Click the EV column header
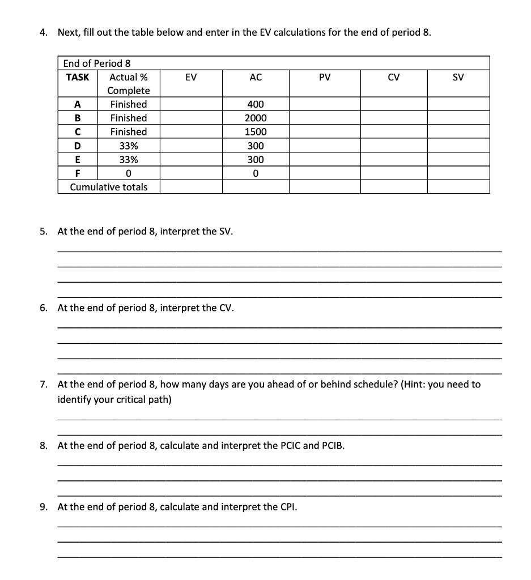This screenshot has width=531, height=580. pos(191,77)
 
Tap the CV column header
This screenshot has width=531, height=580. pos(394,77)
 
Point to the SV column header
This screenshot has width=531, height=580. pos(458,77)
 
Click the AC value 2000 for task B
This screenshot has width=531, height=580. pos(256,118)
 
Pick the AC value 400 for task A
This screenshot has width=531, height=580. pos(256,104)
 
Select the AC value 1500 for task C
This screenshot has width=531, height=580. pos(256,131)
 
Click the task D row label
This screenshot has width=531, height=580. pos(77,146)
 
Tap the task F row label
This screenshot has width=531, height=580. pos(77,173)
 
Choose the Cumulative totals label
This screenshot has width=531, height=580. pos(108,187)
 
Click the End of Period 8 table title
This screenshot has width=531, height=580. pos(97,63)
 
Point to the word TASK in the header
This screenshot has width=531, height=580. pos(78,77)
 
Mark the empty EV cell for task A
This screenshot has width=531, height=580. pos(191,104)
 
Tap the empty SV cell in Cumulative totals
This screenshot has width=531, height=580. pos(458,187)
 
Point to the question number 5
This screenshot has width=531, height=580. pos(44,231)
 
